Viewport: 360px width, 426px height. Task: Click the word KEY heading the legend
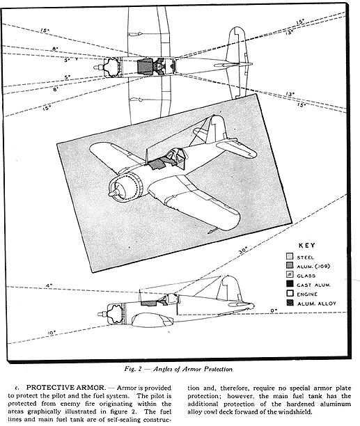click(x=307, y=245)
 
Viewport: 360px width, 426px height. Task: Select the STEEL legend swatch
click(x=290, y=256)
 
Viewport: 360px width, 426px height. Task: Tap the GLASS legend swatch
click(x=290, y=275)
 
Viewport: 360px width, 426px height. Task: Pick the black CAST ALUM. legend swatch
click(x=290, y=284)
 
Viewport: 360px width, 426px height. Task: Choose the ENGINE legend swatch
click(x=290, y=293)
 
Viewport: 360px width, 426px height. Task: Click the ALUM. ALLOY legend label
click(x=317, y=303)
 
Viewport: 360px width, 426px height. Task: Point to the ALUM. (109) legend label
click(x=313, y=266)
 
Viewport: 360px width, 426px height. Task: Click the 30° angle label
click(x=243, y=251)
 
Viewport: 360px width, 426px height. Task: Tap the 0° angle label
click(x=274, y=310)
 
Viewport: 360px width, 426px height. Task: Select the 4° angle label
click(x=49, y=285)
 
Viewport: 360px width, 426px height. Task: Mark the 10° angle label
click(x=52, y=333)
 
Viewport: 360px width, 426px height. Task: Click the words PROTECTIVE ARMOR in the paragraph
click(x=65, y=388)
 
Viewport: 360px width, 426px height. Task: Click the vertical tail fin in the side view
click(x=230, y=288)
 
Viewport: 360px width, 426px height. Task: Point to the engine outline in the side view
click(x=115, y=314)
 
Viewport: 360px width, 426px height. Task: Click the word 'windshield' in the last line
click(x=297, y=411)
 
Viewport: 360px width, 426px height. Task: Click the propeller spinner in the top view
click(x=97, y=67)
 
